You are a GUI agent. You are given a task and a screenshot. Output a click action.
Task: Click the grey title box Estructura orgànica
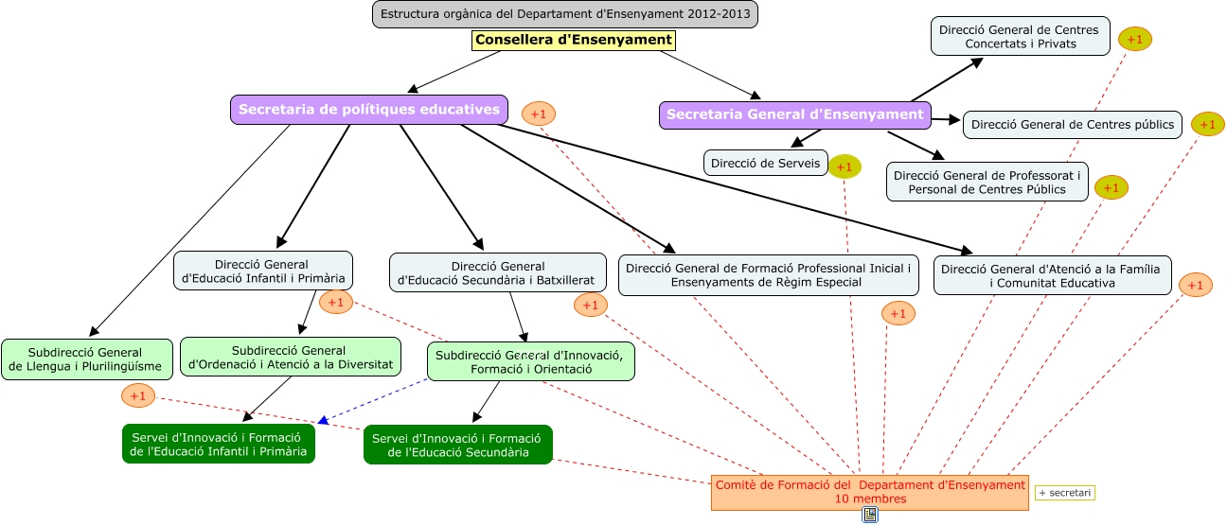pyautogui.click(x=565, y=14)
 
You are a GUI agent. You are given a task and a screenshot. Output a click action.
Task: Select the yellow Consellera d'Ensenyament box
pyautogui.click(x=574, y=40)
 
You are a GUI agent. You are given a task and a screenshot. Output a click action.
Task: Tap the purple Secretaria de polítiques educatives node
pyautogui.click(x=369, y=110)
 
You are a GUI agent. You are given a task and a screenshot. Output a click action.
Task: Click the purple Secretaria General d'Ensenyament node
pyautogui.click(x=795, y=114)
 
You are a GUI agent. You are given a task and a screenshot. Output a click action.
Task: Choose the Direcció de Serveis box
pyautogui.click(x=765, y=163)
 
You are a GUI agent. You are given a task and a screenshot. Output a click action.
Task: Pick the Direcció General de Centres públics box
pyautogui.click(x=1072, y=125)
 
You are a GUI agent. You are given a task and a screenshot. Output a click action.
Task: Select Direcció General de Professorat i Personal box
pyautogui.click(x=987, y=182)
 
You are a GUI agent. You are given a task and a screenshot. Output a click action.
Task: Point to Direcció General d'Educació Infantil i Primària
pyautogui.click(x=263, y=271)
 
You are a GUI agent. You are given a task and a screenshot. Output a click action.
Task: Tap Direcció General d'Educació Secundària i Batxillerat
pyautogui.click(x=497, y=272)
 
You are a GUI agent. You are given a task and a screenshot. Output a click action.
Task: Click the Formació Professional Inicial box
pyautogui.click(x=768, y=275)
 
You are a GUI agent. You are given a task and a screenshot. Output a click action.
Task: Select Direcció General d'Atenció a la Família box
pyautogui.click(x=1052, y=275)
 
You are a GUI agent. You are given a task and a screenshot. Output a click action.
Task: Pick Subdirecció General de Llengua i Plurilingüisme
pyautogui.click(x=87, y=359)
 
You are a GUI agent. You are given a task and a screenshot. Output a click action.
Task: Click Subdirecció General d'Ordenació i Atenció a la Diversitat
pyautogui.click(x=290, y=357)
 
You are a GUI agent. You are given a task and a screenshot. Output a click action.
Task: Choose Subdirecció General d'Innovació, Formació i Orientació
pyautogui.click(x=530, y=361)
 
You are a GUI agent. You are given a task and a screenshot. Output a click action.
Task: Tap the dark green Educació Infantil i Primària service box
pyautogui.click(x=219, y=444)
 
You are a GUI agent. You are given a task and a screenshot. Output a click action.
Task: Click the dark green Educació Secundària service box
pyautogui.click(x=458, y=445)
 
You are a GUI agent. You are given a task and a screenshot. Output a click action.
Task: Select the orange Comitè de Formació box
pyautogui.click(x=869, y=492)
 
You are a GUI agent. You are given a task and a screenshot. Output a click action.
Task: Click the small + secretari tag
pyautogui.click(x=1065, y=493)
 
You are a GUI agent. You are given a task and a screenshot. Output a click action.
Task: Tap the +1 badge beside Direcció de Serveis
pyautogui.click(x=845, y=166)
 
